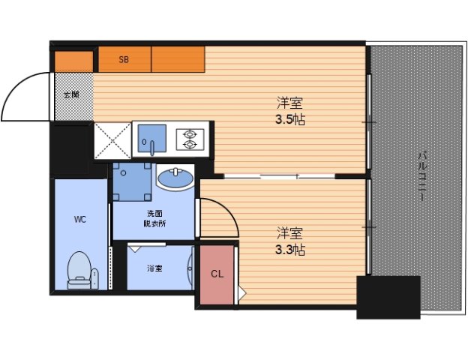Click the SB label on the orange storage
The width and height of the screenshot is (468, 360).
(124, 59)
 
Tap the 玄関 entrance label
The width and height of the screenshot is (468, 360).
(72, 95)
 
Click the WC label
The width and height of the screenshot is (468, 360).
(80, 220)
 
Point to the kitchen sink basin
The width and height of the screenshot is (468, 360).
(151, 139)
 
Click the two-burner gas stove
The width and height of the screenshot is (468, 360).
(190, 139)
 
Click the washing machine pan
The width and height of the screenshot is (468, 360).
(132, 181)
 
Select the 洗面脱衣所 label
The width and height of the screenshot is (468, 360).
(155, 218)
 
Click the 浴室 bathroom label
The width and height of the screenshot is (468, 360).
(154, 268)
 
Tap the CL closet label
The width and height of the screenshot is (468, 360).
(217, 274)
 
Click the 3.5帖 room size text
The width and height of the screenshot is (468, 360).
(289, 120)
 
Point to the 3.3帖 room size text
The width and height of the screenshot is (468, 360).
(289, 250)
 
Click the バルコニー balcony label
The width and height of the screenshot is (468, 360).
(421, 175)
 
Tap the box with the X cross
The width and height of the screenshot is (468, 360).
(112, 140)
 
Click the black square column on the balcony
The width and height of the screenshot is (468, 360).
(388, 297)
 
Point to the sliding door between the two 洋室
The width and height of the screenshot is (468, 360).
(279, 176)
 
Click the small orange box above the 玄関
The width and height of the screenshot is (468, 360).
(73, 61)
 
